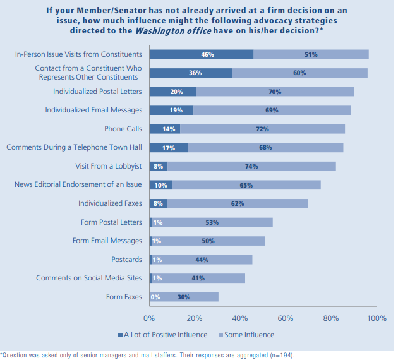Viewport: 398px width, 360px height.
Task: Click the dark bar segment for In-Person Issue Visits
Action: [x=201, y=54]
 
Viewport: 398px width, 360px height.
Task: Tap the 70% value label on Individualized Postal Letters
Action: [x=275, y=92]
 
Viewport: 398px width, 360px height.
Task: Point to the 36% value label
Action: [x=195, y=73]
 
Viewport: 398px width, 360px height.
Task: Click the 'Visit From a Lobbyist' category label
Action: [x=108, y=166]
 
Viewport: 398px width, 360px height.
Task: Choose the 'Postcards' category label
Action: [x=126, y=259]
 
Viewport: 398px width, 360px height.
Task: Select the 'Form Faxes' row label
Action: [x=124, y=296]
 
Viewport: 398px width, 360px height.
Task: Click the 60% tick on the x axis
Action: [x=286, y=318]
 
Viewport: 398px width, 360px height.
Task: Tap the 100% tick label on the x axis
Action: [x=377, y=318]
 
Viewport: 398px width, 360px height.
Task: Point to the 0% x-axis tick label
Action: [x=150, y=318]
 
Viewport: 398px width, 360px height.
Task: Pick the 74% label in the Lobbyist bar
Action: [x=251, y=166]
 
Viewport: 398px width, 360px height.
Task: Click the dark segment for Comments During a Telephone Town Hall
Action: [x=168, y=148]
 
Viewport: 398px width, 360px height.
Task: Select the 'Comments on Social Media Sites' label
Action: [x=89, y=278]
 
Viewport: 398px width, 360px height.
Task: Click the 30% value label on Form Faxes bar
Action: [x=184, y=296]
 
